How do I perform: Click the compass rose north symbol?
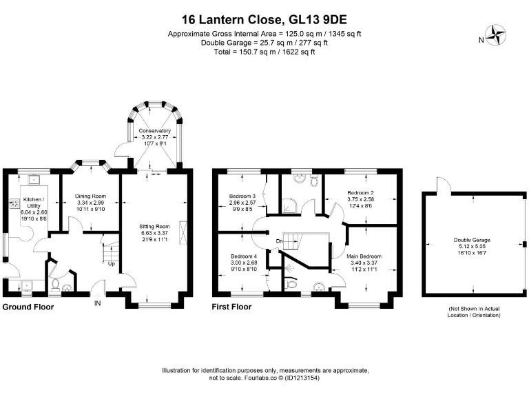(x=496, y=35)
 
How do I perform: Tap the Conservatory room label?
(x=154, y=131)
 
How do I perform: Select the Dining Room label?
(x=90, y=196)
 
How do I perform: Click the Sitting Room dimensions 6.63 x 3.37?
(x=154, y=233)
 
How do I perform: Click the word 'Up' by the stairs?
(x=112, y=264)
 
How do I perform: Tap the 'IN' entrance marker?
(x=97, y=303)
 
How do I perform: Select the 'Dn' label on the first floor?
(x=279, y=241)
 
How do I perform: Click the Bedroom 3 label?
(x=242, y=196)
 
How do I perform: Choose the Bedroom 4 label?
(x=244, y=256)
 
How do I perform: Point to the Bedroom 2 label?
(x=360, y=193)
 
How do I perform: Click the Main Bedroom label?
(x=364, y=256)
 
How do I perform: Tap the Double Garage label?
(x=472, y=240)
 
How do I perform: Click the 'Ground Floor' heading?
(x=28, y=307)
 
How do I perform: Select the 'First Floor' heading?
(x=231, y=307)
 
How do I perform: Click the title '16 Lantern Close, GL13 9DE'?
(x=264, y=19)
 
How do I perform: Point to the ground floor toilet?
(x=54, y=285)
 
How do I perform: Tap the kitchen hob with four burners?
(x=15, y=203)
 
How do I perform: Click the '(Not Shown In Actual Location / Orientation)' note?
(x=474, y=312)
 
